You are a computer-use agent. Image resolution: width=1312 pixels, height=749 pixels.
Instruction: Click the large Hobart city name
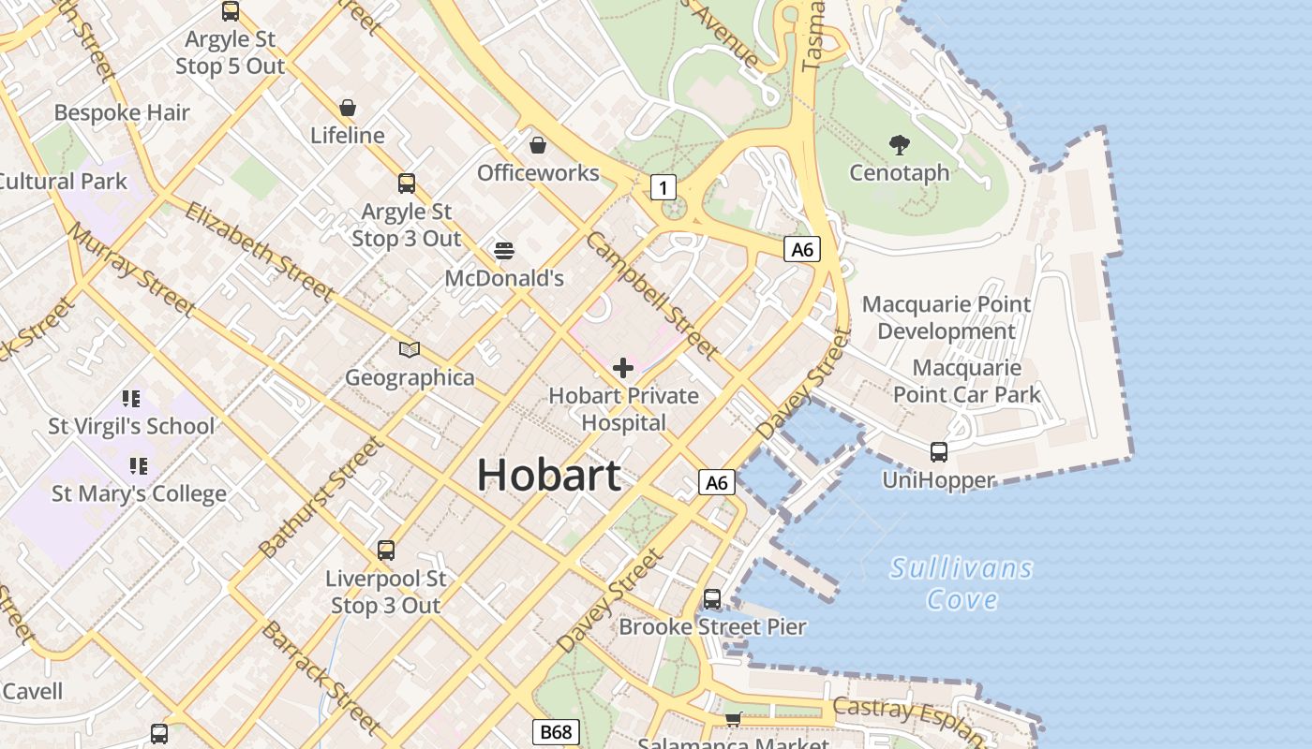click(x=549, y=476)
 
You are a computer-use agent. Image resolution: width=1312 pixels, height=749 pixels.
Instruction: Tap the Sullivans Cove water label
click(x=962, y=583)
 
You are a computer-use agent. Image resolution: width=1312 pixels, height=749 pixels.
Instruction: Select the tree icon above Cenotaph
click(x=900, y=145)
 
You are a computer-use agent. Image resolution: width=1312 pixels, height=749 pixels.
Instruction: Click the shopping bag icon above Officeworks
click(x=538, y=145)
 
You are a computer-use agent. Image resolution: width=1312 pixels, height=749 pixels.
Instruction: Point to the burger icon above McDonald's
click(x=504, y=251)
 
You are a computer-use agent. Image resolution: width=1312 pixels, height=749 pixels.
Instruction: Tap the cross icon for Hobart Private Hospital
click(x=623, y=368)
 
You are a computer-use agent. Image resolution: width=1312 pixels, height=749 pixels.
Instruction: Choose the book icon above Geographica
click(x=410, y=350)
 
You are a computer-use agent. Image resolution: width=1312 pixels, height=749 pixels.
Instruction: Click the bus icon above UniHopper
click(x=939, y=452)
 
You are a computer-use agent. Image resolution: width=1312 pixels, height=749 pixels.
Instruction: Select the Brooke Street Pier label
click(x=712, y=626)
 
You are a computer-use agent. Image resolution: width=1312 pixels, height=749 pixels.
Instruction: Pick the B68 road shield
click(x=557, y=731)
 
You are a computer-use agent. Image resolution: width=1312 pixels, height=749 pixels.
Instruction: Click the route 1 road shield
click(x=663, y=188)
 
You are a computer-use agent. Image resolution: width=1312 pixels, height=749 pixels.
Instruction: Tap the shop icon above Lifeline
click(x=348, y=108)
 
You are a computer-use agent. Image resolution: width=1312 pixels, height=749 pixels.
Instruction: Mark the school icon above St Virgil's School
click(x=131, y=399)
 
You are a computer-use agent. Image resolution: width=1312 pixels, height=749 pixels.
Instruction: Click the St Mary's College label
click(x=139, y=493)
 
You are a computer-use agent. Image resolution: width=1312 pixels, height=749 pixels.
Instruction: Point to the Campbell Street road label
click(x=652, y=295)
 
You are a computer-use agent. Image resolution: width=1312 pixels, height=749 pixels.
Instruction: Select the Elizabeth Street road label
click(x=259, y=252)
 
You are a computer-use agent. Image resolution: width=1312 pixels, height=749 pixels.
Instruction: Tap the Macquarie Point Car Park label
click(x=966, y=381)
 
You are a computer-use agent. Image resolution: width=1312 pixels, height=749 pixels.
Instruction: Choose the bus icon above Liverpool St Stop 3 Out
click(x=386, y=551)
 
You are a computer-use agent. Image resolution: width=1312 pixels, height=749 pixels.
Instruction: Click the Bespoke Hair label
click(x=122, y=113)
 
